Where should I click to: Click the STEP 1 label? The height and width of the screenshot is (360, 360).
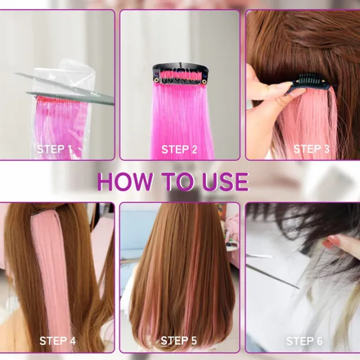click(54, 149)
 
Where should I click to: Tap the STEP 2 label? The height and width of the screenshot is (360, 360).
click(179, 149)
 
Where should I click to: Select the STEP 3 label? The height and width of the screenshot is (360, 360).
click(312, 149)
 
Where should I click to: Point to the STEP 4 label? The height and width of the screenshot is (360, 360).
click(57, 341)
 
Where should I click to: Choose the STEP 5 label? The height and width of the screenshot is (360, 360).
click(179, 341)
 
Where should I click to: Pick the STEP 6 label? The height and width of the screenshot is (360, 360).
click(304, 341)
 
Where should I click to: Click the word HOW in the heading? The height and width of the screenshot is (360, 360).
click(125, 182)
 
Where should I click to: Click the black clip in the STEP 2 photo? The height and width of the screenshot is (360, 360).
click(180, 74)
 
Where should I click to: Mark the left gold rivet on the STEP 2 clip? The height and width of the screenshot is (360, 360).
click(156, 80)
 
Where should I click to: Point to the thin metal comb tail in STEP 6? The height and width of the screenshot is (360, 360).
click(273, 276)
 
